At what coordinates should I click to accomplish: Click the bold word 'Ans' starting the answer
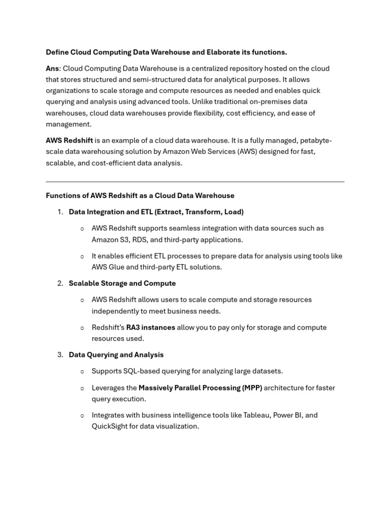point(52,69)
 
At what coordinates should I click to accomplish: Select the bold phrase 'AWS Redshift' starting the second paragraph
point(69,140)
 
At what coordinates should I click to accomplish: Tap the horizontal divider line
point(195,181)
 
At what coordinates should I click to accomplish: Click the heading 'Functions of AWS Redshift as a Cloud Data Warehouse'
point(140,196)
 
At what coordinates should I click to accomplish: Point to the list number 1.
point(60,212)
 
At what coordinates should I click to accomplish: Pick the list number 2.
point(60,283)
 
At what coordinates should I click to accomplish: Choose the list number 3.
point(60,355)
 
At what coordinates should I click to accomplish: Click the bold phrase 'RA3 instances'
point(150,328)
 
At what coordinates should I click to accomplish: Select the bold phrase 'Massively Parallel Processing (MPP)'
point(200,388)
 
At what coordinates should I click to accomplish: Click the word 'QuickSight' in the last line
point(109,427)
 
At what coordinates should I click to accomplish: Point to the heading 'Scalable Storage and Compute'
point(122,283)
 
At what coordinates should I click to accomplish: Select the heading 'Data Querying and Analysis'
point(116,355)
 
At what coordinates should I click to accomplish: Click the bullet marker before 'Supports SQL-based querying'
point(82,372)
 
